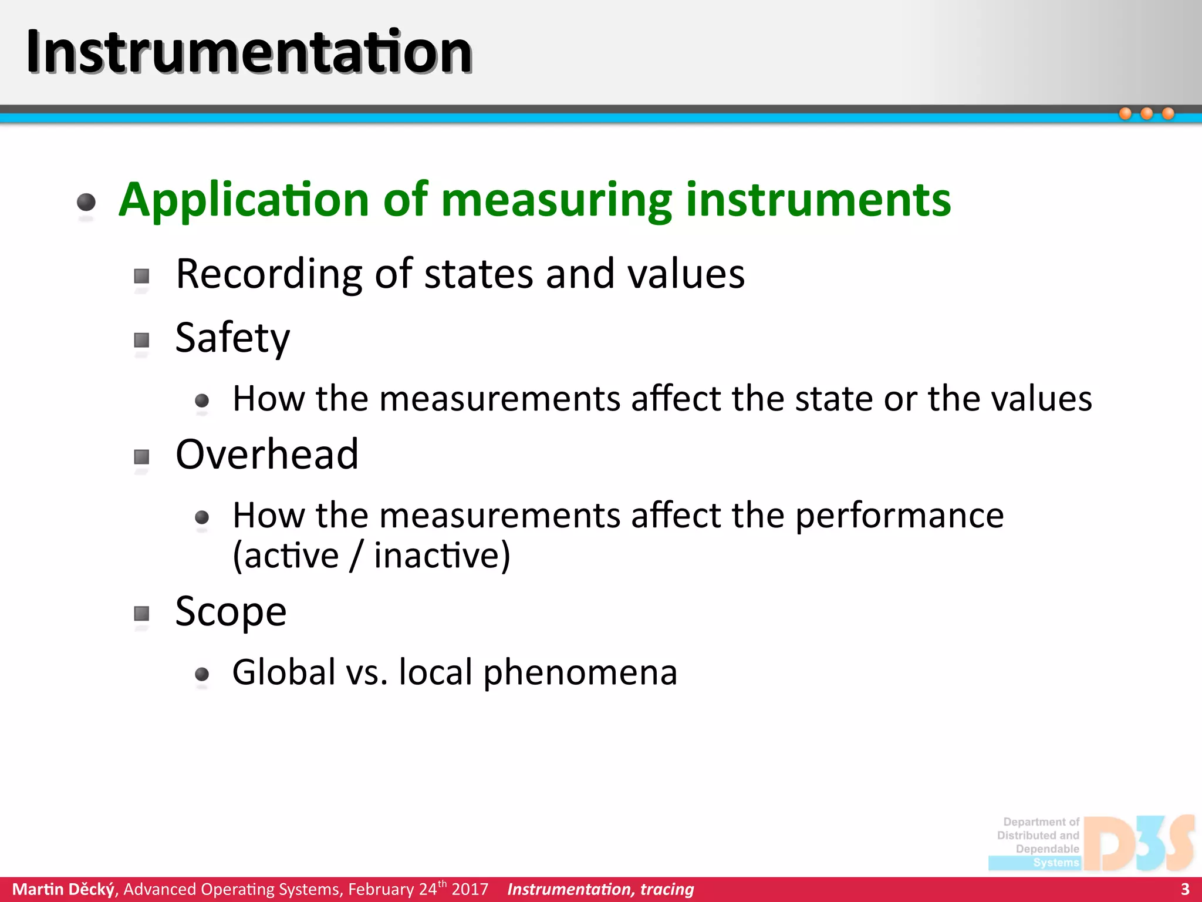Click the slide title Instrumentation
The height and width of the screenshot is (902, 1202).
pyautogui.click(x=249, y=53)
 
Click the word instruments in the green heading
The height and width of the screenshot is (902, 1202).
pyautogui.click(x=818, y=200)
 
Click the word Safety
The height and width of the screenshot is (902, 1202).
pyautogui.click(x=232, y=339)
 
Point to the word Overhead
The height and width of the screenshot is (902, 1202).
pyautogui.click(x=267, y=455)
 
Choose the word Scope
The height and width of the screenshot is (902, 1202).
pyautogui.click(x=231, y=612)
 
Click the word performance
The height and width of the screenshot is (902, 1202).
pyautogui.click(x=899, y=516)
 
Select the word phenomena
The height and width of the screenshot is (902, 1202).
pyautogui.click(x=580, y=672)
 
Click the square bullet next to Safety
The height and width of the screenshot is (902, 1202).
pyautogui.click(x=141, y=341)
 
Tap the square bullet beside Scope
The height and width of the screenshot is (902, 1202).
pyautogui.click(x=141, y=614)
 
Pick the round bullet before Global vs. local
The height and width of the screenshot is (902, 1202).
pyautogui.click(x=202, y=674)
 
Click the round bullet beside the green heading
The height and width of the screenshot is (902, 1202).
pyautogui.click(x=86, y=202)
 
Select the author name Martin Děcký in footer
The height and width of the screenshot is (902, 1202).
pyautogui.click(x=63, y=889)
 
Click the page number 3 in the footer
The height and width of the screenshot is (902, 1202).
pyautogui.click(x=1184, y=889)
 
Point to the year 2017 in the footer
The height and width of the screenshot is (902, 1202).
pyautogui.click(x=470, y=889)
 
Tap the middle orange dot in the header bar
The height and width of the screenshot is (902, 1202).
pyautogui.click(x=1147, y=113)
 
